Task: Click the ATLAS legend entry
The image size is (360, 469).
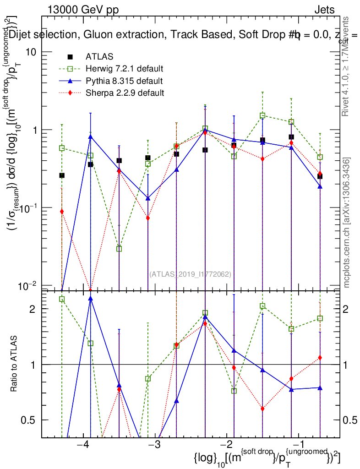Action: click(x=99, y=57)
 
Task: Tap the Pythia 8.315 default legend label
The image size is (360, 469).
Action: click(x=124, y=81)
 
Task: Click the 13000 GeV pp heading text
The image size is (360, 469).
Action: click(x=82, y=10)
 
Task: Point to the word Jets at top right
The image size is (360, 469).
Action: click(x=324, y=10)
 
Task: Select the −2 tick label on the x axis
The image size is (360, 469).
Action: click(x=226, y=445)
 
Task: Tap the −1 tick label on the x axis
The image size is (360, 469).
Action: click(x=298, y=445)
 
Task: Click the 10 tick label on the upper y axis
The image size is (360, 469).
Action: click(x=31, y=52)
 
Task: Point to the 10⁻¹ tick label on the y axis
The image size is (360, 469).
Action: click(x=28, y=207)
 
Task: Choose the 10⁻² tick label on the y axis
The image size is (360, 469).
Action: click(x=28, y=286)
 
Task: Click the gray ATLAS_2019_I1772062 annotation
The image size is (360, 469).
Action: click(x=190, y=274)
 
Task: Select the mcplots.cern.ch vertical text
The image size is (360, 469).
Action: click(x=347, y=223)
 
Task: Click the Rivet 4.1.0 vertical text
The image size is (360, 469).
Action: click(x=347, y=66)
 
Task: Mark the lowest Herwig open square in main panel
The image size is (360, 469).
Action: click(x=119, y=249)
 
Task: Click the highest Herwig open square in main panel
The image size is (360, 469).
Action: click(x=262, y=116)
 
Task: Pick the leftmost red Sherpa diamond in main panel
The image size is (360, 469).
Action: click(x=62, y=211)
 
